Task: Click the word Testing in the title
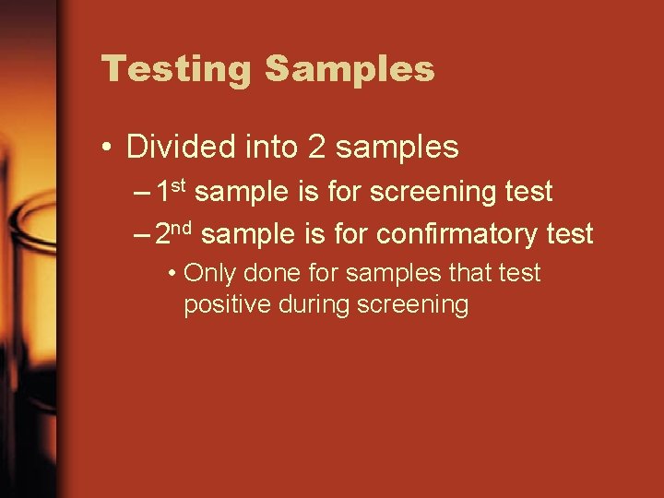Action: (x=175, y=69)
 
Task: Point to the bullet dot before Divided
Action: (x=108, y=148)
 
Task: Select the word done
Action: (x=267, y=274)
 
